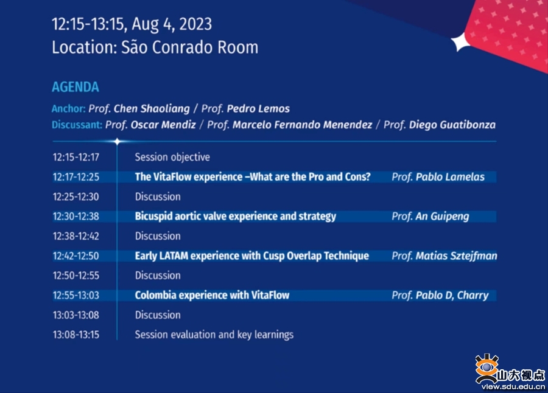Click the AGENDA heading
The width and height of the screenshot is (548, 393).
[x=76, y=87]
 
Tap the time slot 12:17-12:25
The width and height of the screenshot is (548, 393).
[x=76, y=177]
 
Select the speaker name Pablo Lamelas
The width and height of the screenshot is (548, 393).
[x=450, y=177]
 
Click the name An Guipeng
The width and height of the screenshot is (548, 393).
[x=442, y=217]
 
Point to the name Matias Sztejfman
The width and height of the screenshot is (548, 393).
[x=456, y=256]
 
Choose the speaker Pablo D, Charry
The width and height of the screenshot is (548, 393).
[x=452, y=296]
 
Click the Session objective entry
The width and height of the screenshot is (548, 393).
[x=172, y=157]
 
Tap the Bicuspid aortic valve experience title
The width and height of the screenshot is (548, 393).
[x=236, y=217]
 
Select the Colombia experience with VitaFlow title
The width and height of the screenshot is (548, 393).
[x=212, y=295]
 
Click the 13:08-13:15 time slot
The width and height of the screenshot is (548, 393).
[x=76, y=335]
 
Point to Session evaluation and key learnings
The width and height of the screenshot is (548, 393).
[x=214, y=335]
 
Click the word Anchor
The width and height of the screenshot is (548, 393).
[x=68, y=109]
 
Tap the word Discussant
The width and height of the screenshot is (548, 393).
[x=77, y=125]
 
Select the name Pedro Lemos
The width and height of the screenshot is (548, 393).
[x=258, y=109]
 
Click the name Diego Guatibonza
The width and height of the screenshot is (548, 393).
[x=452, y=125]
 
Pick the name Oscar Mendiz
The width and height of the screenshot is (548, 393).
[x=163, y=125]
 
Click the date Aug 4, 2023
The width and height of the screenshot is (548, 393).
[x=172, y=24]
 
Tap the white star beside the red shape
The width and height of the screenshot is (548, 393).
[x=461, y=42]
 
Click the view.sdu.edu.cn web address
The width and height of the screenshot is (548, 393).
[x=513, y=386]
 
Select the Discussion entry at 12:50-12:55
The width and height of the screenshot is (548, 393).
[x=158, y=276]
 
